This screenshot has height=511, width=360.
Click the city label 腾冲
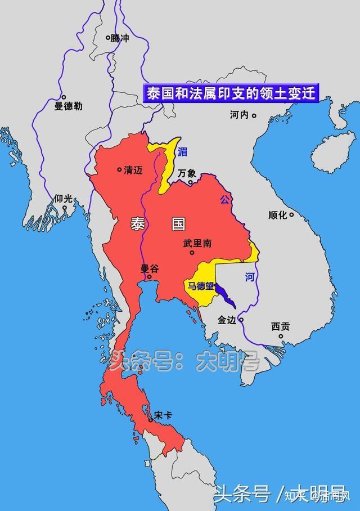119,39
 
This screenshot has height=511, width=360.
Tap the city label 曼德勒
68,106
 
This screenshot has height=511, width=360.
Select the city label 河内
239,115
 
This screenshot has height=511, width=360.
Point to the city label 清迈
133,169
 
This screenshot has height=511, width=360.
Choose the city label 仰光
64,199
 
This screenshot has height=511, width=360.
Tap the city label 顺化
278,215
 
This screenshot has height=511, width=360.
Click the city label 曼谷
150,269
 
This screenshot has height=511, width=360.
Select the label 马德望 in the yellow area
201,286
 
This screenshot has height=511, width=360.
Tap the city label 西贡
280,326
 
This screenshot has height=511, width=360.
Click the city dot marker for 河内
254,116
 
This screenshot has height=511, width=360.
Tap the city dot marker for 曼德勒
64,97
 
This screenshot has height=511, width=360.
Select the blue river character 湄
182,151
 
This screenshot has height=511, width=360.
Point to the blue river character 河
250,277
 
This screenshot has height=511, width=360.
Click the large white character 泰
137,225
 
